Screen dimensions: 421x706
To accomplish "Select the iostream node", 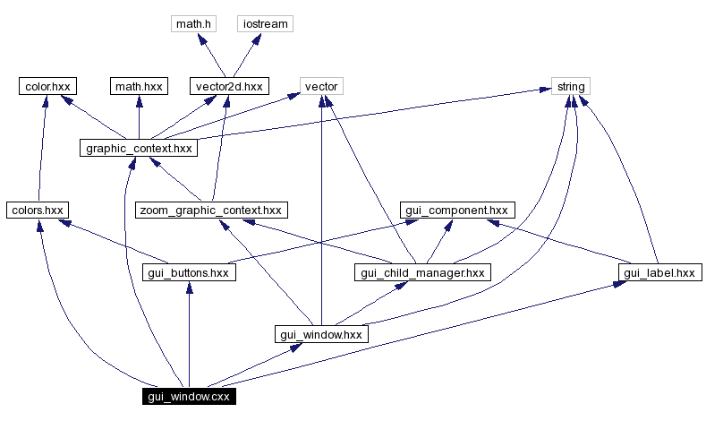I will point(266,23).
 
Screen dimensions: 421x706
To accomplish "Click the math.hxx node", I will point(138,86).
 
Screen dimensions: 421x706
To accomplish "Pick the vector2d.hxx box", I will point(229,86).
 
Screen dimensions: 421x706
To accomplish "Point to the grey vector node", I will point(321,86).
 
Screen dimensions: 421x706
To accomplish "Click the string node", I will point(570,86).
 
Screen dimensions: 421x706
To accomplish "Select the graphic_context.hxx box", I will point(138,148).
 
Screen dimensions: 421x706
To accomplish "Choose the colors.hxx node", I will point(37,210).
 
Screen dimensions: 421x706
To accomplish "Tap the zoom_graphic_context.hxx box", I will point(210,210).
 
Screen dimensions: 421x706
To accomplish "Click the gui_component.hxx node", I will point(456,210).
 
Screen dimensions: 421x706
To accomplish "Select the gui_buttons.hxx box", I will point(188,272).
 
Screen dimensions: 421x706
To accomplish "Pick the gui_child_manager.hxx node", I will point(422,272).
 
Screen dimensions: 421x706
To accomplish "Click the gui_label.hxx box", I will point(659,272).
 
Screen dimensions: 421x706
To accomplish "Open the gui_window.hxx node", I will point(321,334).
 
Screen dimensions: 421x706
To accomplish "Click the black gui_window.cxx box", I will point(189,396).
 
